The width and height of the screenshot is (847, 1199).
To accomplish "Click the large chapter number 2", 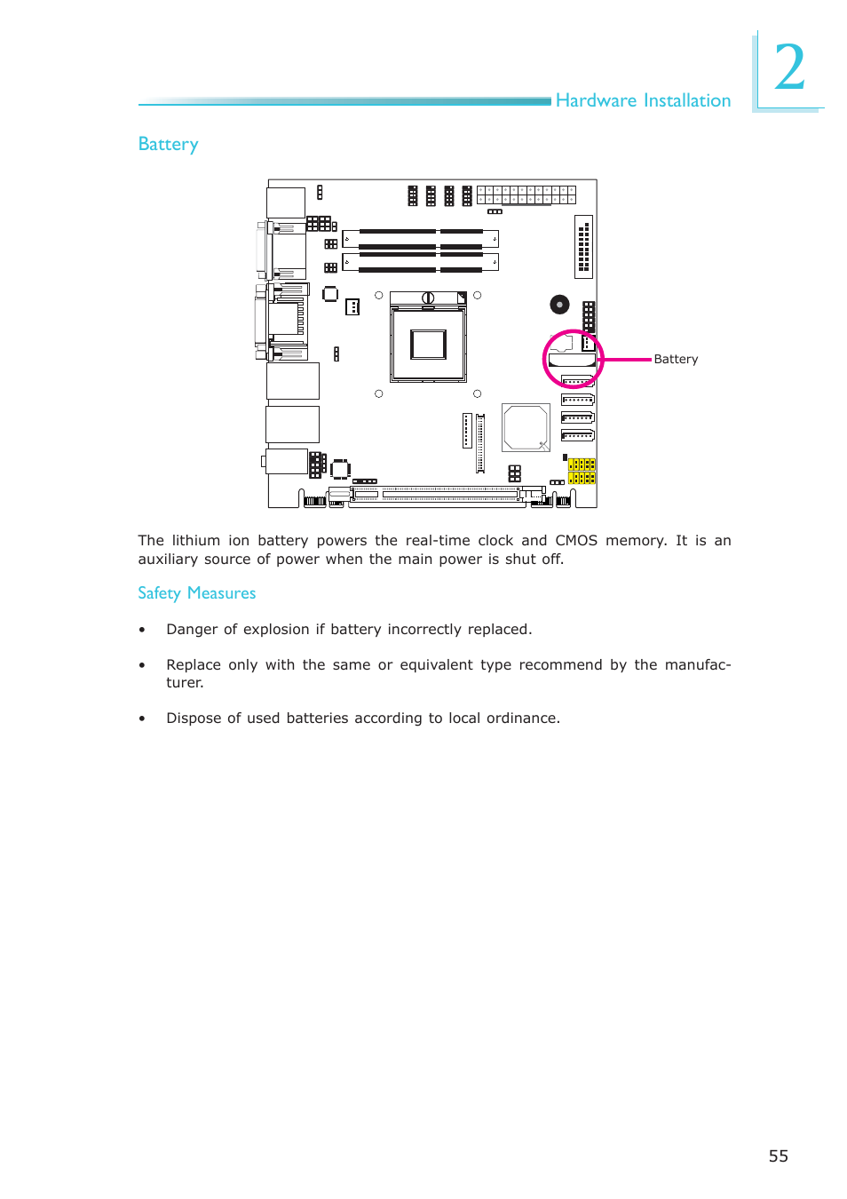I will click(x=789, y=69).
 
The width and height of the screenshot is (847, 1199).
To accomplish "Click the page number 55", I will click(x=778, y=1155).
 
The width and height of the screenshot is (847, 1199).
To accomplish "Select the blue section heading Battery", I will click(x=168, y=144).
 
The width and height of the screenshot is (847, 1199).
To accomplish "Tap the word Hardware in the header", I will click(x=596, y=100).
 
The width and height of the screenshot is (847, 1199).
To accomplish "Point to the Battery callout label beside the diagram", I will click(x=676, y=359).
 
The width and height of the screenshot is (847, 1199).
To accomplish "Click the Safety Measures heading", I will click(x=196, y=592).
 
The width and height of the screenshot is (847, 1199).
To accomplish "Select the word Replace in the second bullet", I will click(x=193, y=664).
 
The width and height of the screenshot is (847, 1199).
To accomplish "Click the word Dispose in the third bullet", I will click(x=193, y=718).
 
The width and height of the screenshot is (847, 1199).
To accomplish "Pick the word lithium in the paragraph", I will click(x=195, y=540).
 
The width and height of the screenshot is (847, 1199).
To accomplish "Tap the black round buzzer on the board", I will click(x=559, y=305).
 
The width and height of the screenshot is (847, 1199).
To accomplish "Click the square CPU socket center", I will click(x=428, y=344).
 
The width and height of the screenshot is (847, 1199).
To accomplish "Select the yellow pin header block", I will click(x=582, y=471).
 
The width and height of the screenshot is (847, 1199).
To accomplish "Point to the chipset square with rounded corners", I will click(x=526, y=427).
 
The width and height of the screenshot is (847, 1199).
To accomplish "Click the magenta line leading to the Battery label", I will click(x=627, y=360).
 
